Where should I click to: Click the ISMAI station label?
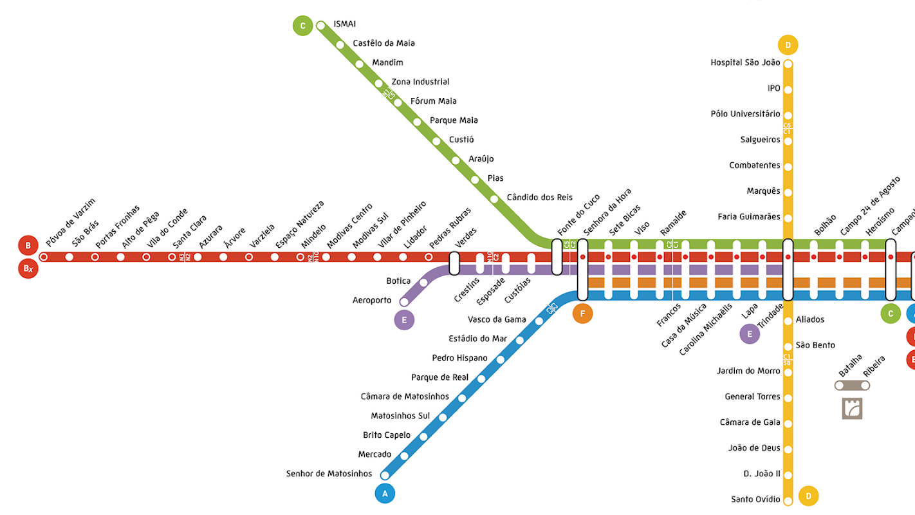pyautogui.click(x=344, y=24)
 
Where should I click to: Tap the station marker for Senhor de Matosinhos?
pyautogui.click(x=385, y=475)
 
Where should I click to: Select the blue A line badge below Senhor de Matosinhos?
pyautogui.click(x=385, y=494)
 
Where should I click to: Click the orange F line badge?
pyautogui.click(x=582, y=314)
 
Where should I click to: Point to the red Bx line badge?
pyautogui.click(x=28, y=268)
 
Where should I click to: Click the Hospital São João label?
pyautogui.click(x=745, y=62)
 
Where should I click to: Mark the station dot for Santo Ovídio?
pyautogui.click(x=788, y=500)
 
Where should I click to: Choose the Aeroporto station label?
pyautogui.click(x=372, y=301)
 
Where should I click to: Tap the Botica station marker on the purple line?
pyautogui.click(x=423, y=282)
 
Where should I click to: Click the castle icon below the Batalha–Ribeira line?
pyautogui.click(x=852, y=408)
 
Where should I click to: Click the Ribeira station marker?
pyautogui.click(x=865, y=385)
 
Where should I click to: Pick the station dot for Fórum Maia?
pyautogui.click(x=398, y=102)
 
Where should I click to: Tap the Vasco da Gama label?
pyautogui.click(x=497, y=319)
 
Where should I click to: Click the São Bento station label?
pyautogui.click(x=815, y=345)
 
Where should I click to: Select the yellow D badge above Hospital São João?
pyautogui.click(x=788, y=45)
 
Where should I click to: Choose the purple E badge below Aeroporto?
pyautogui.click(x=404, y=320)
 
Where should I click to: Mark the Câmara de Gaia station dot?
pyautogui.click(x=788, y=424)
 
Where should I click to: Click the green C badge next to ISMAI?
pyautogui.click(x=302, y=26)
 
